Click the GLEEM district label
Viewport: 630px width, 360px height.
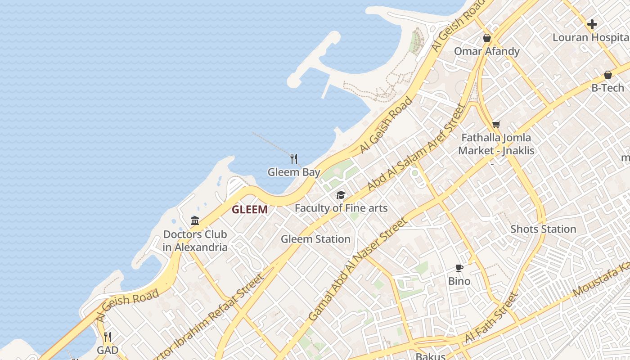[x=250, y=209]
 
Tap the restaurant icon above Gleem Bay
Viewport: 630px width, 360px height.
[x=294, y=158]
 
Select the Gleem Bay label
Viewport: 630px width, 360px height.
[x=294, y=172]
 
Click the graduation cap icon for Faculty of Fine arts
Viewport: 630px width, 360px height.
[x=341, y=195]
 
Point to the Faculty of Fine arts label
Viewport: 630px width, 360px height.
[x=341, y=208]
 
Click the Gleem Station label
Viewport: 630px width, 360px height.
[x=315, y=239]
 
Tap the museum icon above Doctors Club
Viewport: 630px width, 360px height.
[x=195, y=220]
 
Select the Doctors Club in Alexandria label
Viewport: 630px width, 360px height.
[x=195, y=241]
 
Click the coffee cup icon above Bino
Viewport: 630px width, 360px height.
[x=459, y=268]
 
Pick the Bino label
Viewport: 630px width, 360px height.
[x=459, y=281]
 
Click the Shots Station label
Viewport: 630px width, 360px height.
[x=543, y=229]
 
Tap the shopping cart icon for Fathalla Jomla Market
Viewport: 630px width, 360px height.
[x=496, y=124]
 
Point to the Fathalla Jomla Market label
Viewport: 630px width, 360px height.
[x=496, y=144]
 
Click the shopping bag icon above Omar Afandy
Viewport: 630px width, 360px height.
[x=486, y=38]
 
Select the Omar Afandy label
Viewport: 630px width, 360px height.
[x=486, y=51]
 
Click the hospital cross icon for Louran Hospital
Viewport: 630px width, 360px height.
[x=592, y=24]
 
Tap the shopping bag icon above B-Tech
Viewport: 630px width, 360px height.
[x=607, y=74]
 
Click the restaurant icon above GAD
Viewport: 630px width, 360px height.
[x=108, y=337]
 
